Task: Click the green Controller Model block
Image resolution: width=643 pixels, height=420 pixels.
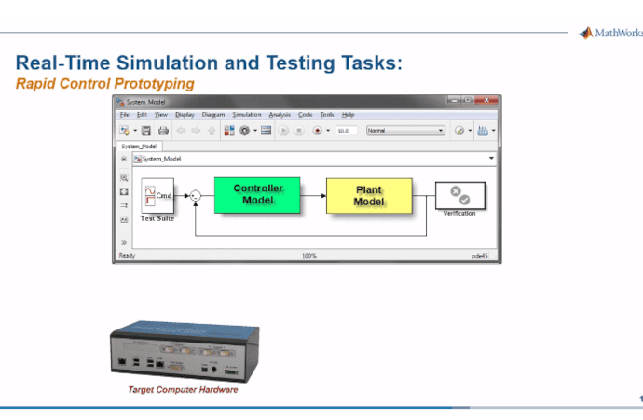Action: tap(256, 195)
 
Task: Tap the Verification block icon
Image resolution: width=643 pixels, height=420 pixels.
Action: tap(459, 195)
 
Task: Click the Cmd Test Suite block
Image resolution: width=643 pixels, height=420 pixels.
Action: tap(157, 195)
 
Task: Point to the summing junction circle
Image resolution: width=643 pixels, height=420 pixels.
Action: tap(196, 195)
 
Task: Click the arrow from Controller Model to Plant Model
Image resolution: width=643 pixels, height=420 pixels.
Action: tap(313, 195)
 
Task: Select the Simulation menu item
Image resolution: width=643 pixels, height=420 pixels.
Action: tap(247, 114)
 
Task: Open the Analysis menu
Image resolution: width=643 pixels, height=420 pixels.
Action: tap(280, 114)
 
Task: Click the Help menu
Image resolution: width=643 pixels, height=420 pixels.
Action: tap(348, 114)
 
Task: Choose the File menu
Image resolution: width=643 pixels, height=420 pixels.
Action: tap(124, 114)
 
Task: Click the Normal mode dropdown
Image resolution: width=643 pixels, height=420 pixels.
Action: tap(405, 131)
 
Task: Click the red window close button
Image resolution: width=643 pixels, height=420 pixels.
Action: tap(488, 101)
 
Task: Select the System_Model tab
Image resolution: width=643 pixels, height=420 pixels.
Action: tap(139, 146)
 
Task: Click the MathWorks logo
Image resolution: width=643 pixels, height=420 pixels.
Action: tap(610, 34)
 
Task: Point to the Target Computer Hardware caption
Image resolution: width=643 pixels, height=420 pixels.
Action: tap(183, 390)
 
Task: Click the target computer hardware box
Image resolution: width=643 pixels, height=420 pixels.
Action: tap(182, 350)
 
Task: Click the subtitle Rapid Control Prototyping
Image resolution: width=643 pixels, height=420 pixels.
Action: tap(104, 83)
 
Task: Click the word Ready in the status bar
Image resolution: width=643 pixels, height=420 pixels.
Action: tap(126, 255)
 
